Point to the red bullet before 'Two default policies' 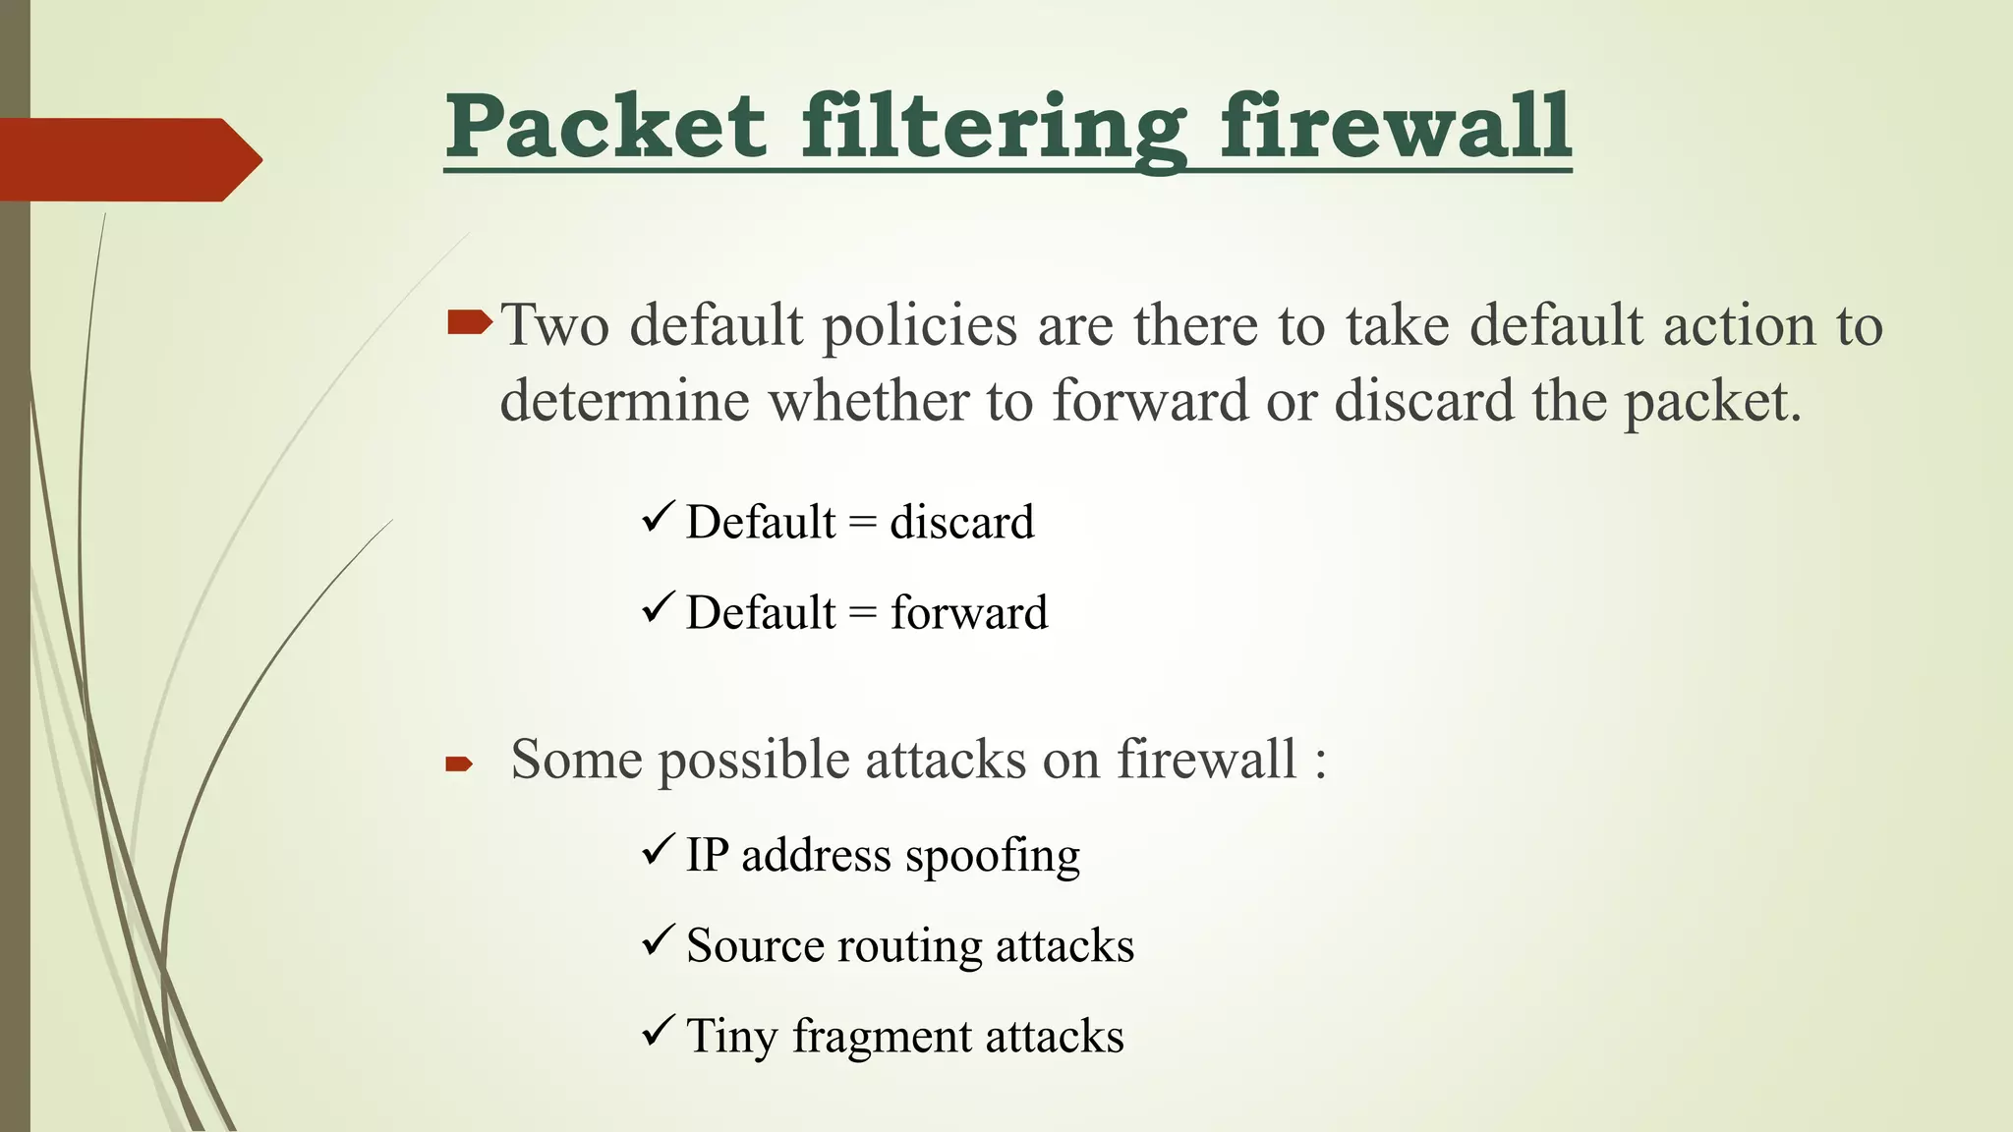pos(469,322)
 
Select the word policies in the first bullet pos(919,326)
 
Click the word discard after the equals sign pos(961,522)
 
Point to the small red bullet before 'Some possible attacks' pos(459,764)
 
